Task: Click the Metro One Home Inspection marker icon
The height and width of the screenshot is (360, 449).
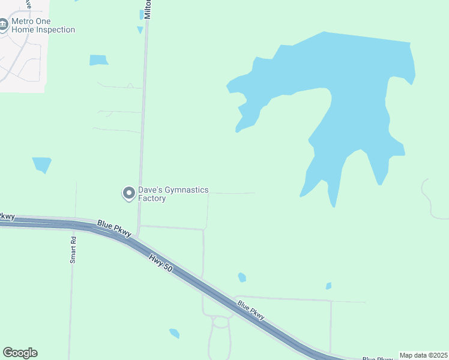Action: [4, 25]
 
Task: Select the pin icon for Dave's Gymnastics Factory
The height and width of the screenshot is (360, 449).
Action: [128, 193]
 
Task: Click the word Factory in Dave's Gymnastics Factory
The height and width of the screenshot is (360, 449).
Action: [152, 199]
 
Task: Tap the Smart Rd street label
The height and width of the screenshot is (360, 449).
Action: [73, 249]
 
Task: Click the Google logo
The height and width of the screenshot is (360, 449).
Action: [20, 353]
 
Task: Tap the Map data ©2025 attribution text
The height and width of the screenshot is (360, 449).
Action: [424, 355]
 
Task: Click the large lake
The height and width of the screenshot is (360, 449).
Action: [354, 90]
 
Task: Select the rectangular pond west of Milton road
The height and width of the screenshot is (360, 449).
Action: [98, 60]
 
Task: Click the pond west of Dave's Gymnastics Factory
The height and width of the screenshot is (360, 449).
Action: [42, 164]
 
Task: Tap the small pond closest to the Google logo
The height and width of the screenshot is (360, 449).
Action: [175, 333]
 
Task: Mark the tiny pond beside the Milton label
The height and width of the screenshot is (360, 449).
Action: [140, 29]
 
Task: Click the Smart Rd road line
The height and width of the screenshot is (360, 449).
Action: [71, 300]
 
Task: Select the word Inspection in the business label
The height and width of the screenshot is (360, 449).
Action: [55, 29]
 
